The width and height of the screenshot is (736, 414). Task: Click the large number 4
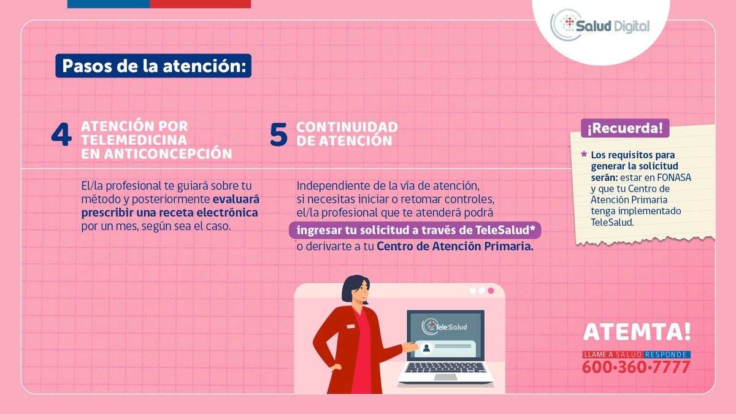tap(61, 136)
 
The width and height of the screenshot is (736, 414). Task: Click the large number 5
tap(278, 136)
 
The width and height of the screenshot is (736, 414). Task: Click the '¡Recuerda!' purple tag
tap(624, 129)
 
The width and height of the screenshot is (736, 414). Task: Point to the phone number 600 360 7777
tap(635, 367)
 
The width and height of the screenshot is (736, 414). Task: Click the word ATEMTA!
tap(637, 332)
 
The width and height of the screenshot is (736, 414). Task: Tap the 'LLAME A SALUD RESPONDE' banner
tap(636, 355)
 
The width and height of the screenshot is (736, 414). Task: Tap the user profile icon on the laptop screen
tap(426, 348)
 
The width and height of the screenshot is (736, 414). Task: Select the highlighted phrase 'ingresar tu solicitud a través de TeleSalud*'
tap(415, 231)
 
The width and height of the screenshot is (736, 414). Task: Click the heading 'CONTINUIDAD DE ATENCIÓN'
tap(347, 134)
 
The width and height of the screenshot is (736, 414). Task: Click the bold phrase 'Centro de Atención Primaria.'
tap(455, 247)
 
